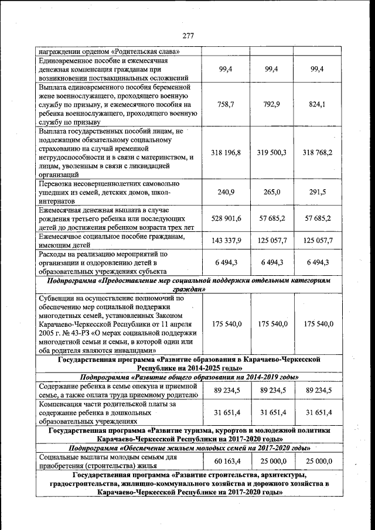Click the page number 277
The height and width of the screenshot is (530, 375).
point(187,36)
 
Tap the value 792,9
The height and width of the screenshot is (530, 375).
point(271,104)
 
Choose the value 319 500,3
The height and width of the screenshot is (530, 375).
point(271,152)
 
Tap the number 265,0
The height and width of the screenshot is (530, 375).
point(271,192)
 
